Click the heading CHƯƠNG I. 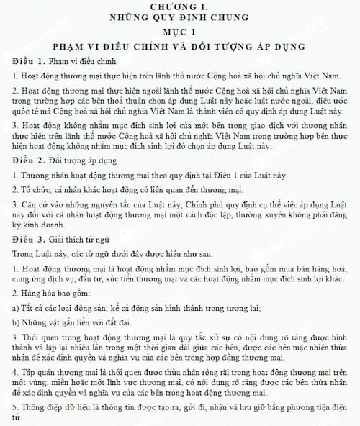[x=180, y=6]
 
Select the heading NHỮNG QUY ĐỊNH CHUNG [x=180, y=19]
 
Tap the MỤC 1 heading [x=180, y=32]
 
